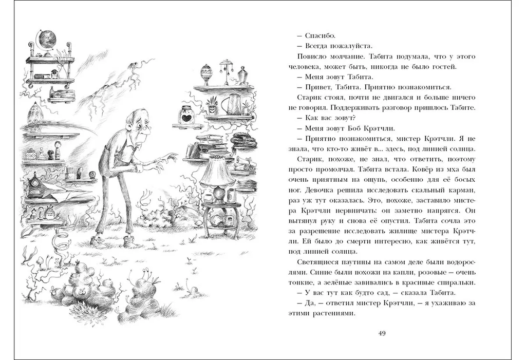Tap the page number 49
click(x=382, y=333)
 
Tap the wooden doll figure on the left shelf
click(x=57, y=152)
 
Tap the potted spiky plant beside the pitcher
click(x=212, y=107)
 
